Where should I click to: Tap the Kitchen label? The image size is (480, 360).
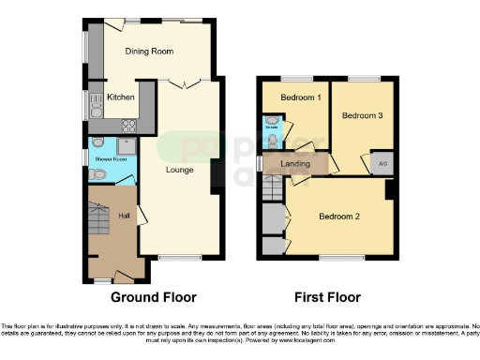pyautogui.click(x=120, y=97)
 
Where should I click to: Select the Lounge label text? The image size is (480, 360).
pyautogui.click(x=180, y=170)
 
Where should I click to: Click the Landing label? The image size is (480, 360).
pyautogui.click(x=295, y=164)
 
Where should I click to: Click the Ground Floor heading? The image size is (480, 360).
pyautogui.click(x=154, y=297)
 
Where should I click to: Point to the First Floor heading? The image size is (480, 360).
pyautogui.click(x=327, y=297)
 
